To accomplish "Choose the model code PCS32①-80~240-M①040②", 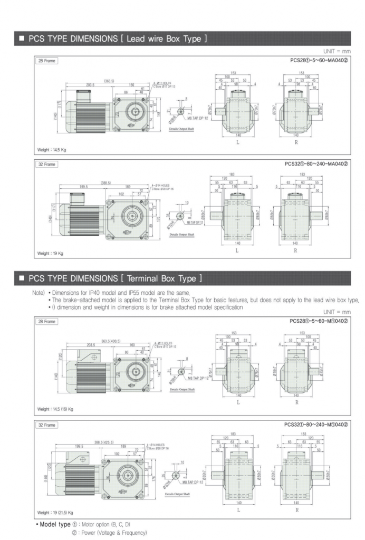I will [314, 424].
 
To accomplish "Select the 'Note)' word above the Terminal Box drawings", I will [39, 292].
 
